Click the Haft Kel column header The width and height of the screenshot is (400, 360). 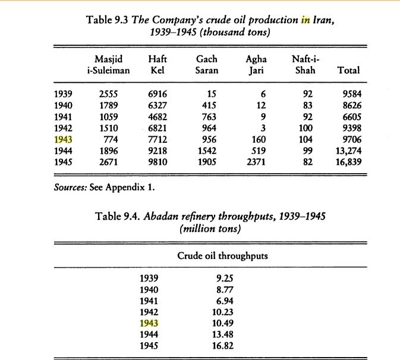coord(157,64)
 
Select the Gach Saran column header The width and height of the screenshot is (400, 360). coord(206,64)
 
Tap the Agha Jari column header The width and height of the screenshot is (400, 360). coord(256,64)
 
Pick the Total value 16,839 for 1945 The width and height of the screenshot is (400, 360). coord(349,162)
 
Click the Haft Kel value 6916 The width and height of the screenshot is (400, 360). coord(157,93)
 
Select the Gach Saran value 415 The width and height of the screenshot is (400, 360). coord(209,105)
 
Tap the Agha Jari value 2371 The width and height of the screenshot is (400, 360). coord(254,162)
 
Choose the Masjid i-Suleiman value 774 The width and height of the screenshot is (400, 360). coord(112,139)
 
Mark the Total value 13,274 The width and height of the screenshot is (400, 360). coord(349,151)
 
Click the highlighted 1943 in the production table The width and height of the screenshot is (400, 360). coord(62,139)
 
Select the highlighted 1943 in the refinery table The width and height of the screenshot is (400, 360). coord(150,323)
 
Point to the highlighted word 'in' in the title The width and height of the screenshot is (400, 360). coord(305,19)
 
